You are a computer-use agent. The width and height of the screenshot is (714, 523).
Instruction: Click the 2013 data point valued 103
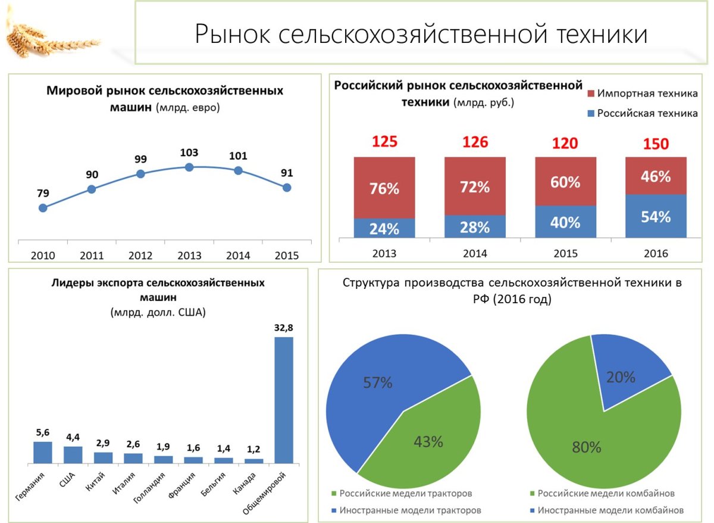coord(189,167)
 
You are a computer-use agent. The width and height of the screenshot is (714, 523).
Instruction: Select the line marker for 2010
coord(43,208)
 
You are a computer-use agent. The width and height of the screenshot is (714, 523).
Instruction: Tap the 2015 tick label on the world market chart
coord(287,255)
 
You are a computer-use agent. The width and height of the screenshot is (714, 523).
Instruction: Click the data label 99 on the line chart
coord(140,159)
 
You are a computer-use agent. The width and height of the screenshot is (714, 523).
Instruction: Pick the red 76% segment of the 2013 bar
coord(384,188)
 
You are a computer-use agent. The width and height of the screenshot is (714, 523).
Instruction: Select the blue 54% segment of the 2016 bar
coord(656,216)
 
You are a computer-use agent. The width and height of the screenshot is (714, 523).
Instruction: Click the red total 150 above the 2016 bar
coord(656,144)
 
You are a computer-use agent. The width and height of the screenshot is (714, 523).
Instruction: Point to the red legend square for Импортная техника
coord(590,94)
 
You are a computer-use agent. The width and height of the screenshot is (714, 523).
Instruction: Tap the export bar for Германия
coord(43,452)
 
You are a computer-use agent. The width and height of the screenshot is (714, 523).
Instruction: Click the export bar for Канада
coord(253,460)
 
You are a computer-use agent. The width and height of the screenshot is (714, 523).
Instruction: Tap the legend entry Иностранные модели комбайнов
coord(610,510)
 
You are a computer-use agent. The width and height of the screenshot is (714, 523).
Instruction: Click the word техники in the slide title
coord(602,34)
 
